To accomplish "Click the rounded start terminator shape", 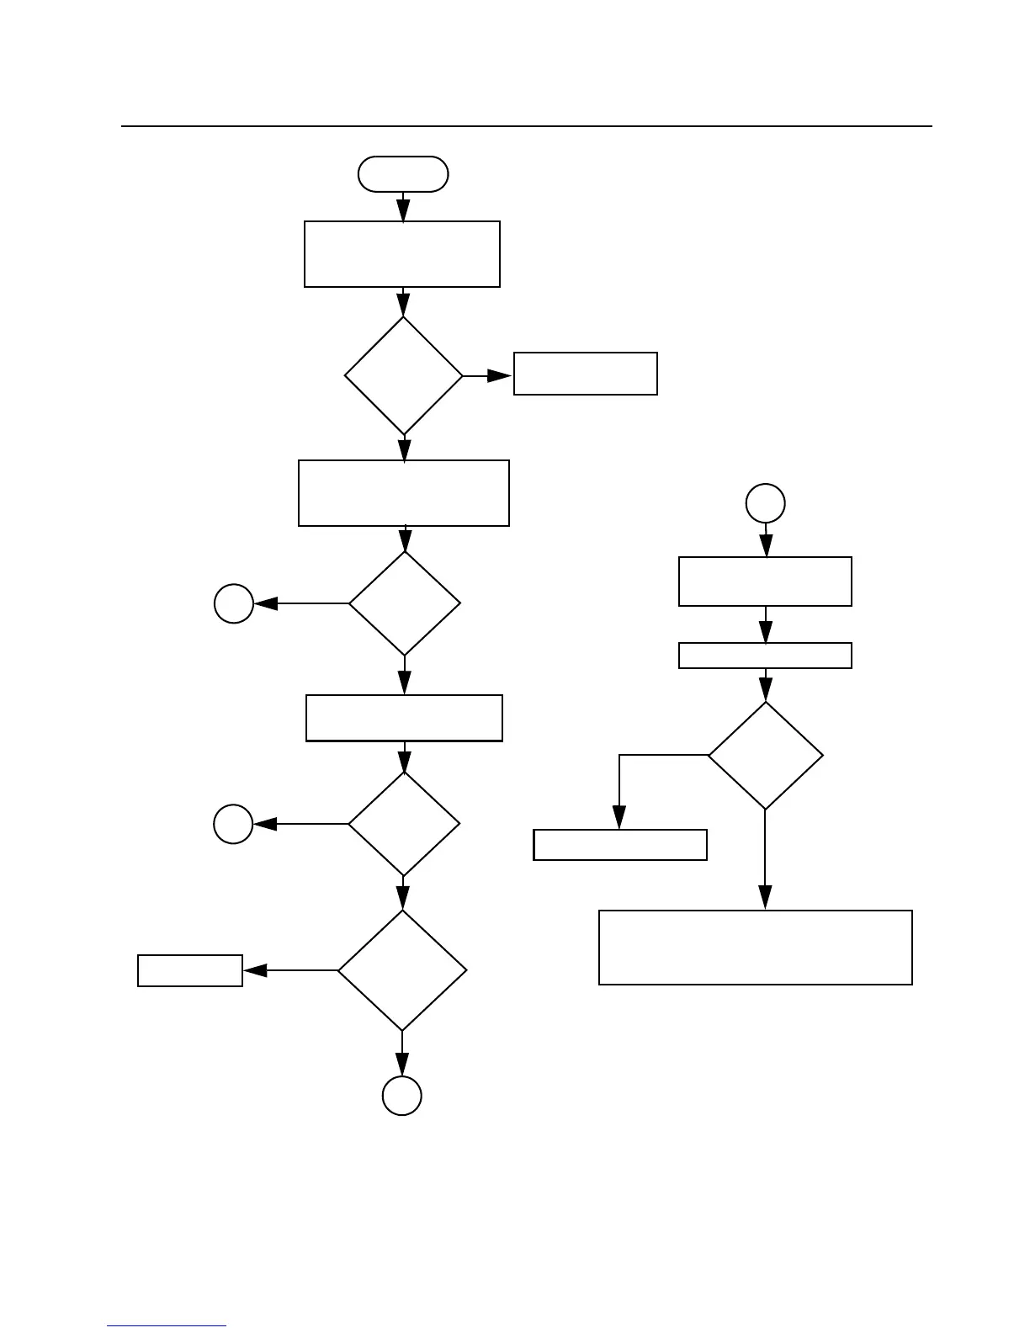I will [x=402, y=174].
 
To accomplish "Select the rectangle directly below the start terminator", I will [x=402, y=254].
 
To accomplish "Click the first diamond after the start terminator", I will [x=404, y=375].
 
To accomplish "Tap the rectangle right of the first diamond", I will [x=585, y=374].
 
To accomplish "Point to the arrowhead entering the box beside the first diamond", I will [x=502, y=376].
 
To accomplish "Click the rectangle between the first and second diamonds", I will [x=404, y=493].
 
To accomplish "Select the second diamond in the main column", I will [x=405, y=603].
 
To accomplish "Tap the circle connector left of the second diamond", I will [x=234, y=603].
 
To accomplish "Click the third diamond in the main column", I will [x=404, y=824].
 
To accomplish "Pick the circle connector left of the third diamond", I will [x=233, y=824].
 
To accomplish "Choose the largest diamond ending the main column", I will [x=402, y=970].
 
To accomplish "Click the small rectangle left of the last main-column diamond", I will [x=190, y=970].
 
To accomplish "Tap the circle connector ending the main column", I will [x=402, y=1096].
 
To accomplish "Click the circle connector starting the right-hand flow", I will [x=766, y=503].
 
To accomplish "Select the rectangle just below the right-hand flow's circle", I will [x=765, y=582].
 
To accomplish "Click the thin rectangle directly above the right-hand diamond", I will [x=765, y=656].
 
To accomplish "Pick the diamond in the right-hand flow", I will [x=766, y=756].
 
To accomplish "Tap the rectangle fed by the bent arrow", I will [x=620, y=845].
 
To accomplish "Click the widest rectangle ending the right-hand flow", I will [x=756, y=948].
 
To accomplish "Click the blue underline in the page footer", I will [x=167, y=1326].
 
